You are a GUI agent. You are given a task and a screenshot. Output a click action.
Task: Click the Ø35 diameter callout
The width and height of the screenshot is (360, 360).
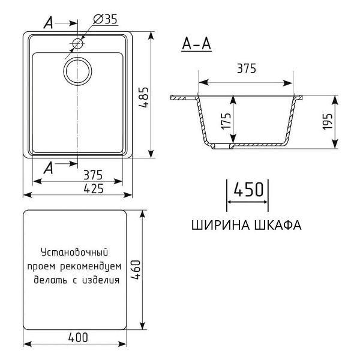[x=104, y=19]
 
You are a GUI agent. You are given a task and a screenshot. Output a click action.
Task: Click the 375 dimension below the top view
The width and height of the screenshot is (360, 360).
[x=93, y=175]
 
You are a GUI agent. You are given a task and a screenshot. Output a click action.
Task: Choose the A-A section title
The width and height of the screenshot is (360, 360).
[x=196, y=44]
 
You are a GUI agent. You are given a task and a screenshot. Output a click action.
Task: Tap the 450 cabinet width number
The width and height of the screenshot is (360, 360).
[x=248, y=190]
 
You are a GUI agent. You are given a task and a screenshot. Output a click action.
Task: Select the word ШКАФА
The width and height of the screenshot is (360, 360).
[x=277, y=226]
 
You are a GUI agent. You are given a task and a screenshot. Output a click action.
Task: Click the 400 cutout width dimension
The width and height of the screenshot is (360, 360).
[x=77, y=337]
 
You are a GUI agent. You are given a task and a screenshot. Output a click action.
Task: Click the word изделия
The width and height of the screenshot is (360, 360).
[x=100, y=280]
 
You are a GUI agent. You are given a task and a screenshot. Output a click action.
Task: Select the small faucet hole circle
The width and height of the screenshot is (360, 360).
[x=77, y=43]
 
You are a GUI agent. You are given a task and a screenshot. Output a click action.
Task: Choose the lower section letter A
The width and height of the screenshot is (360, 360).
[x=49, y=169]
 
